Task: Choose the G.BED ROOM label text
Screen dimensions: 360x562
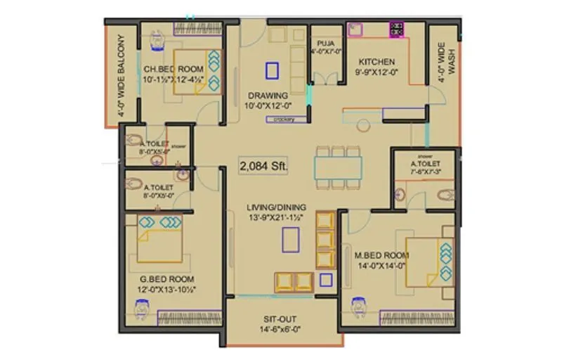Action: pyautogui.click(x=166, y=278)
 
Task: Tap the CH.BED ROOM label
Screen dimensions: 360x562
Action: pyautogui.click(x=174, y=69)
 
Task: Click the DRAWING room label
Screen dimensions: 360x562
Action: pyautogui.click(x=267, y=95)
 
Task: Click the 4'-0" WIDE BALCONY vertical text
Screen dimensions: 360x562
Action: pyautogui.click(x=122, y=75)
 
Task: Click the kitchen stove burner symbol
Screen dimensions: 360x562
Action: pyautogui.click(x=398, y=30)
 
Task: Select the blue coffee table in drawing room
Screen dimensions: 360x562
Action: pyautogui.click(x=272, y=70)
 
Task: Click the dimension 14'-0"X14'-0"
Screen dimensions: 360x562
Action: pyautogui.click(x=382, y=266)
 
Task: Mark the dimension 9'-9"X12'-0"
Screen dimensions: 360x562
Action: pyautogui.click(x=377, y=72)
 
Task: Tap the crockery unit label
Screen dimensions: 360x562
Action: pyautogui.click(x=280, y=120)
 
